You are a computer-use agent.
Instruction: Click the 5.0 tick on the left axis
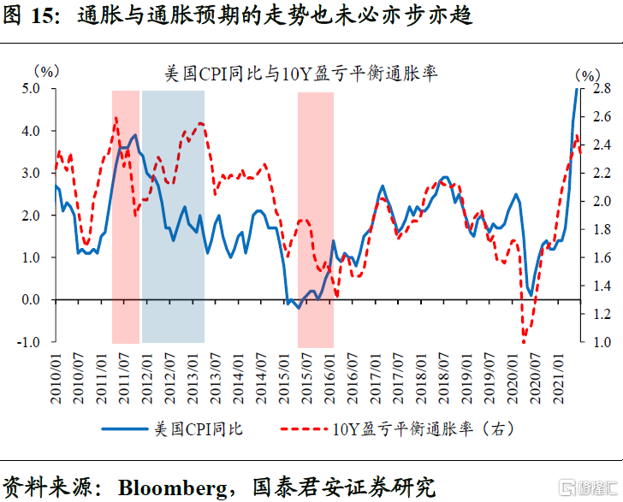32,88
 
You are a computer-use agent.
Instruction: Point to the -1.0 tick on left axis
30,342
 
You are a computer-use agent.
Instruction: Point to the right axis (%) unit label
588,75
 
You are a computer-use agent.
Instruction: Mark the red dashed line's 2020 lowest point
523,340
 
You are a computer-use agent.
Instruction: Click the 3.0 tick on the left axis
32,173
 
